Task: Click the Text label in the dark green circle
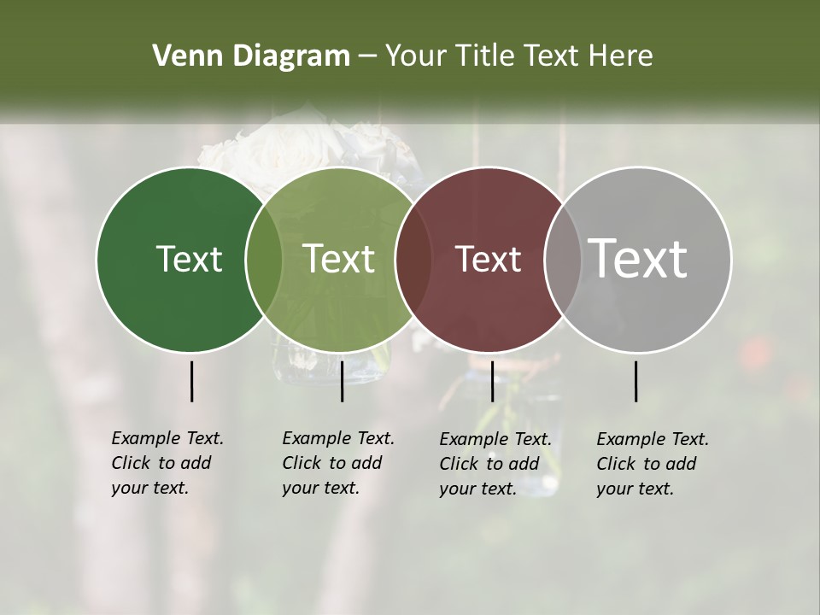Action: point(189,259)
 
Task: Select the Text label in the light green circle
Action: point(338,259)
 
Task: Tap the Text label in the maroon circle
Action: point(488,259)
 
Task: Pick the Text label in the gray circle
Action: point(637,259)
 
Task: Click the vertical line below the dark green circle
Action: point(191,381)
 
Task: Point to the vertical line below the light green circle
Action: point(342,381)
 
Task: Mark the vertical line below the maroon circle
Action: point(492,381)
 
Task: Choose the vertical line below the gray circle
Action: point(635,381)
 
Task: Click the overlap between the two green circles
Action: point(264,259)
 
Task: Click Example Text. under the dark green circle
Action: point(167,438)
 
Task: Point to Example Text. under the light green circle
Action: point(338,438)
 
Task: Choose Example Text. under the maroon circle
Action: point(495,439)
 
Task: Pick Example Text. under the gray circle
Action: point(653,439)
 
